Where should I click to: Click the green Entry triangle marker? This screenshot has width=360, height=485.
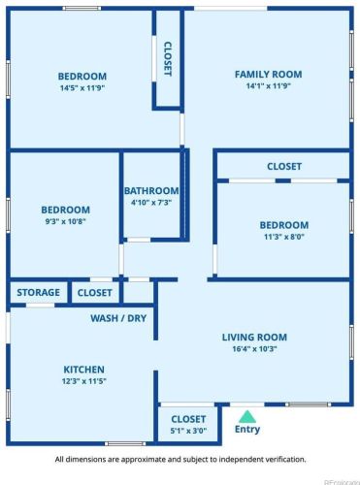247,417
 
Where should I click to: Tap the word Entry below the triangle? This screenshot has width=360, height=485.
247,430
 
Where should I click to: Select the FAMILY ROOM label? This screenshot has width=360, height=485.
268,75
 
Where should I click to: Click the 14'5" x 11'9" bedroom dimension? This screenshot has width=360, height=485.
82,88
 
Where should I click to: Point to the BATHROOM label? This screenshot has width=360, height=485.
151,191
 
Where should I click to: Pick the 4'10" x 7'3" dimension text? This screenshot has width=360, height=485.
151,203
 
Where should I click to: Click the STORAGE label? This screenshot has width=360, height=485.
38,293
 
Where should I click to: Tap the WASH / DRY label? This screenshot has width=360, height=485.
118,318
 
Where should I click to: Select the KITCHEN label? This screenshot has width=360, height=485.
83,370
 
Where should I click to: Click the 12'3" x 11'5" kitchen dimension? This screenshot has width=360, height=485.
84,381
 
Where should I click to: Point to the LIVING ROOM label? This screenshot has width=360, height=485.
254,338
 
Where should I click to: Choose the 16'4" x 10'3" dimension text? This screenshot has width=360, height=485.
254,349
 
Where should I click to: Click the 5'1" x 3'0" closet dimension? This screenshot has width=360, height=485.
188,431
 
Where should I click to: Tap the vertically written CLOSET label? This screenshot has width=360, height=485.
168,59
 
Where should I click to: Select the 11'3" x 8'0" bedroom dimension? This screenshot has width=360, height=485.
284,237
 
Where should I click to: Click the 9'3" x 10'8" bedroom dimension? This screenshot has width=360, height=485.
65,221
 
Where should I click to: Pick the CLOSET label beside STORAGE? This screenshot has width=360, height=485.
94,293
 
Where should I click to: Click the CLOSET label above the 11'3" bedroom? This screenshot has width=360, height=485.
284,167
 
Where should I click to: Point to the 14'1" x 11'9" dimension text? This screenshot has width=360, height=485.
269,86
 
